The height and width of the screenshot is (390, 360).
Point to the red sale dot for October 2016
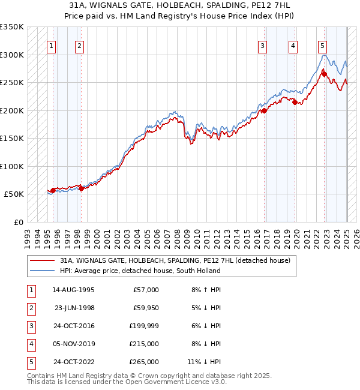coord(264,110)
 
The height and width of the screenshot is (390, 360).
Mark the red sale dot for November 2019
coord(295,102)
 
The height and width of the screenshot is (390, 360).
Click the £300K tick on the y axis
coord(12,55)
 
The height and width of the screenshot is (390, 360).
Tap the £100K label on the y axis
coord(12,166)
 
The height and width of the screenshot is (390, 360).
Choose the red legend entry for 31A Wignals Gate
coord(175,260)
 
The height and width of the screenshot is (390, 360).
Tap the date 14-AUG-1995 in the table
coord(73,290)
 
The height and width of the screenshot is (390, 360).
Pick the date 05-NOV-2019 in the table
coord(73,344)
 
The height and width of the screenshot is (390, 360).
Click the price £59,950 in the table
coord(145,308)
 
